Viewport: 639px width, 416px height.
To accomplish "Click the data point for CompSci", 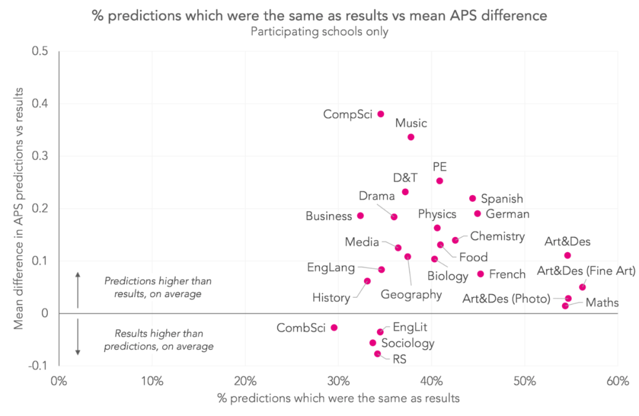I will coord(380,114).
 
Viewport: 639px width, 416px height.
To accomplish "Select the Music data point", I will coord(411,137).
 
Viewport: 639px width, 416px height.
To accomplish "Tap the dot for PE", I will coord(440,180).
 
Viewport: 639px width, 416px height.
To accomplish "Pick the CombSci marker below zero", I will coord(334,327).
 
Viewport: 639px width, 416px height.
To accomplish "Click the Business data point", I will coord(360,215).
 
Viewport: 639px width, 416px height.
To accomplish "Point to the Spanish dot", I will coord(473,198).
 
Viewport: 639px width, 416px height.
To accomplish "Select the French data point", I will coord(480,273).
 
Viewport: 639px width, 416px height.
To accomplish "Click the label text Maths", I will coord(602,303).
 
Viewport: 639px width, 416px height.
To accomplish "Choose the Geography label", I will coord(411,294).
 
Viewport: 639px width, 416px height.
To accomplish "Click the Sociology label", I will coord(408,343).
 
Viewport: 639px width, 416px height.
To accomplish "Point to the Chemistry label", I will coord(498,237).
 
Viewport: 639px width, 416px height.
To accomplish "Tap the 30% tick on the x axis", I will coord(338,380).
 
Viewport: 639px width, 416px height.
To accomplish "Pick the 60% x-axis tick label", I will coord(618,380).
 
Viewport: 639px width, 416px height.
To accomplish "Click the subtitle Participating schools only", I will coord(319,32).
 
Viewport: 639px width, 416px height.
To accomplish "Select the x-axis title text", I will coord(338,398).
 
